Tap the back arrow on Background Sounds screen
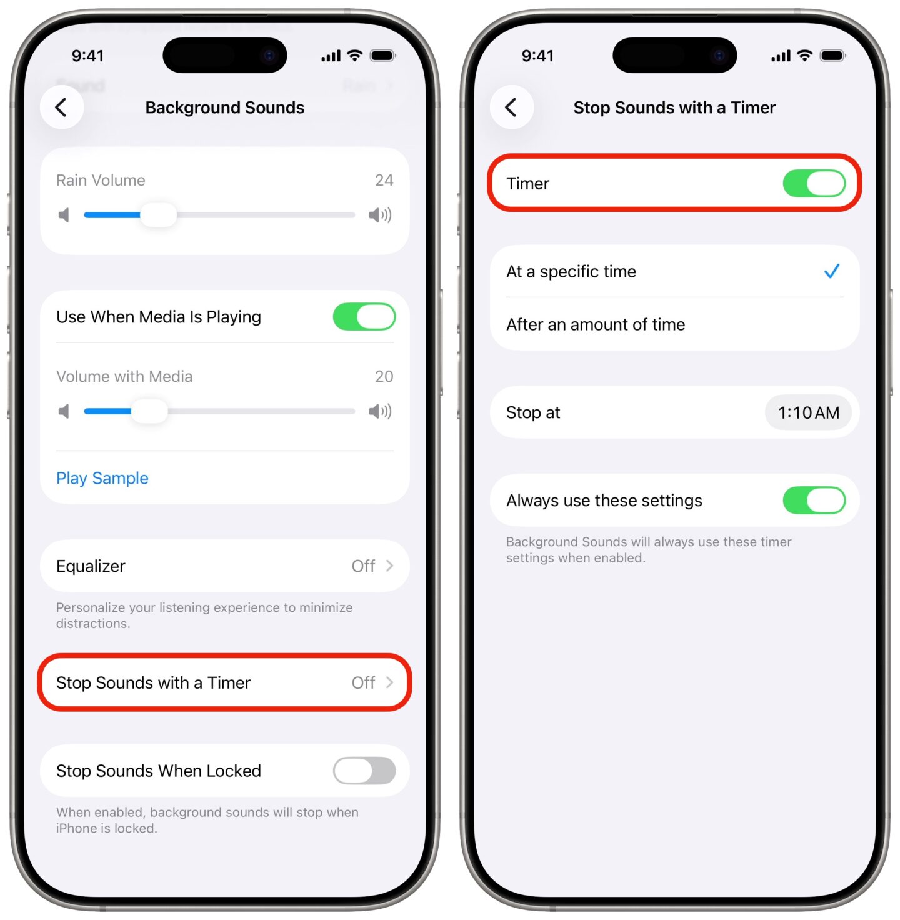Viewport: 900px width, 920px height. point(61,107)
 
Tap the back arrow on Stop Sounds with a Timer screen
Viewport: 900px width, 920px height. point(511,107)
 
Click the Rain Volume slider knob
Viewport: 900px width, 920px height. point(159,215)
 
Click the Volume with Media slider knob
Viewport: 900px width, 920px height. point(150,411)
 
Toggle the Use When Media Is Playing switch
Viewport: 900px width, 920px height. point(364,317)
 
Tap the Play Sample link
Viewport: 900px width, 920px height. point(102,478)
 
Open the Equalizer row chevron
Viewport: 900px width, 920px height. point(389,566)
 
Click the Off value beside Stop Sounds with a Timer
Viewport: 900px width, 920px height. point(363,682)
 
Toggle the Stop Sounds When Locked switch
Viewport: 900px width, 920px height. point(364,771)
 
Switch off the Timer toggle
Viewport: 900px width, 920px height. point(814,184)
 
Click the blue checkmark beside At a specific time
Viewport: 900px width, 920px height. point(831,271)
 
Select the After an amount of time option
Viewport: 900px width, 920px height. point(596,324)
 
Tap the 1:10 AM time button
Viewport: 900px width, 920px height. point(808,412)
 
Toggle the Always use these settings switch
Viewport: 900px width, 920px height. point(814,501)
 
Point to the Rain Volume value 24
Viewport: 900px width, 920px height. point(384,181)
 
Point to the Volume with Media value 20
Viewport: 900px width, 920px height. point(384,376)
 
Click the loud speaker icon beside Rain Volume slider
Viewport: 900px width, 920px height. point(379,216)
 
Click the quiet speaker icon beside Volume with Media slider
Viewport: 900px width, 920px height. point(64,411)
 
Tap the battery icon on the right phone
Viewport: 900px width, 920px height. point(832,56)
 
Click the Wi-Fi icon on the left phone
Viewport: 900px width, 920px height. point(355,56)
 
